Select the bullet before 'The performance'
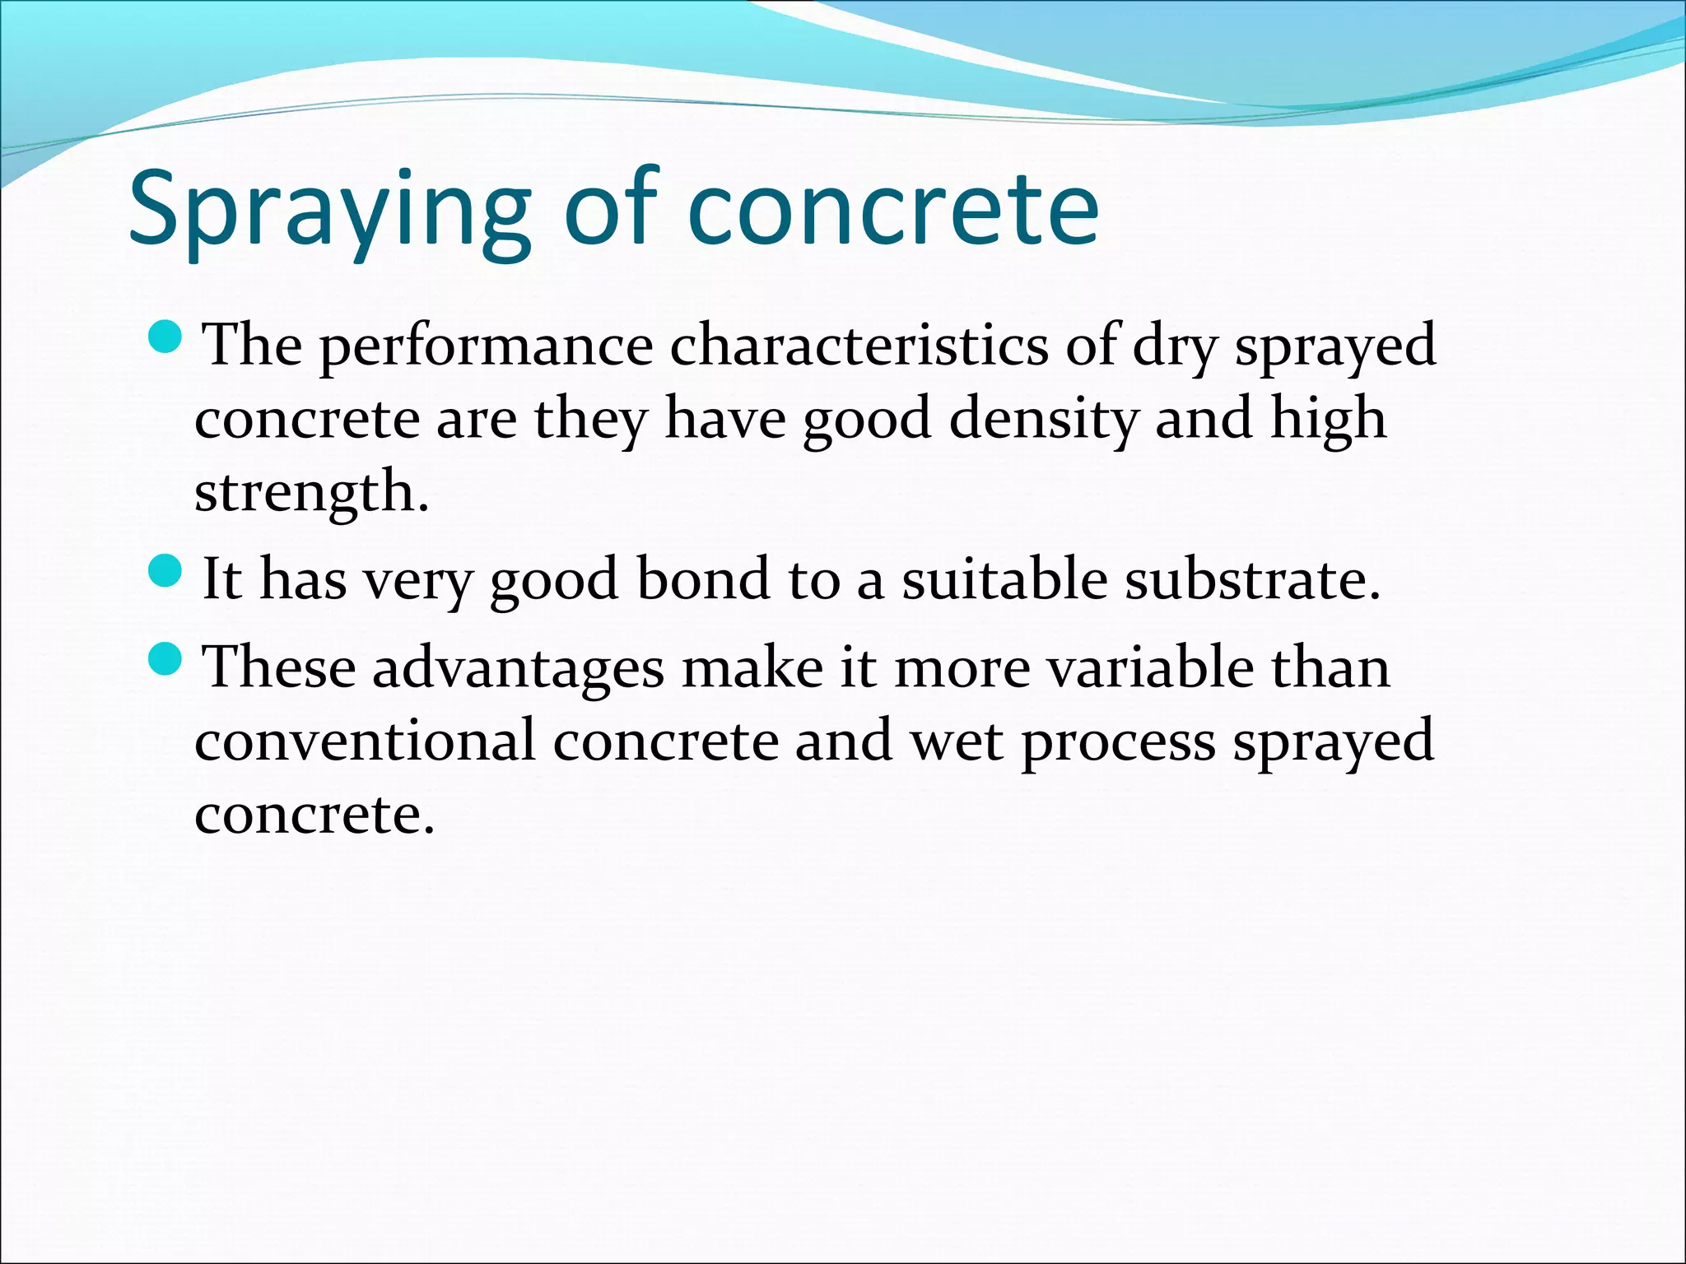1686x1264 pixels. (x=166, y=337)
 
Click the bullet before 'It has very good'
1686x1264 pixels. (x=166, y=570)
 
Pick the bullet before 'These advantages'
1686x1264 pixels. (x=166, y=658)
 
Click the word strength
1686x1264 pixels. (x=311, y=493)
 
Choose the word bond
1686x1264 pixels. (x=702, y=579)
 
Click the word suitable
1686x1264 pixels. (x=1004, y=579)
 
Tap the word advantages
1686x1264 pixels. (x=518, y=668)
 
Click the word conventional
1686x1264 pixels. (x=365, y=740)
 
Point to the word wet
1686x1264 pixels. (x=956, y=741)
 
